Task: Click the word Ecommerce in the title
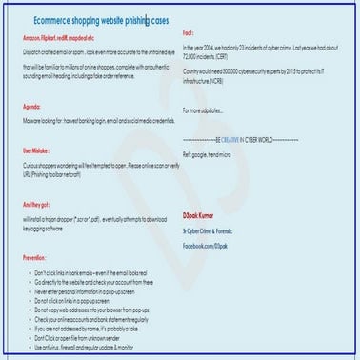pyautogui.click(x=60, y=18)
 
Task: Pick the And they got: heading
pyautogui.click(x=38, y=204)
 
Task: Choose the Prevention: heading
pyautogui.click(x=34, y=257)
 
